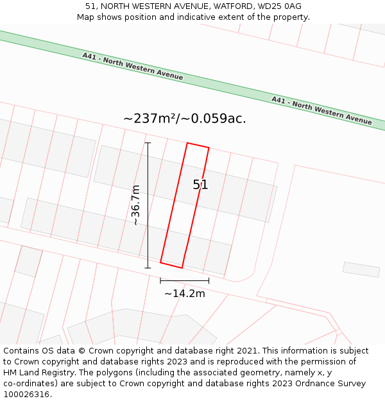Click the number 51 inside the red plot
click(200, 185)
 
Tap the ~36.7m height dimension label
click(135, 205)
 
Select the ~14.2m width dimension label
click(185, 294)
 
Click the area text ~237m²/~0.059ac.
click(185, 119)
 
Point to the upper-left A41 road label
click(132, 66)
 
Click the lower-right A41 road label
click(321, 110)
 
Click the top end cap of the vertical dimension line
click(148, 142)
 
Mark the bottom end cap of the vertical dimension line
click(148, 268)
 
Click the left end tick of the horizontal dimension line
click(160, 280)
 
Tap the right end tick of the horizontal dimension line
click(209, 280)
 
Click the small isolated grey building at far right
click(361, 269)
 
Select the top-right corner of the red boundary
click(209, 148)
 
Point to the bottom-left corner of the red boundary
click(160, 262)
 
